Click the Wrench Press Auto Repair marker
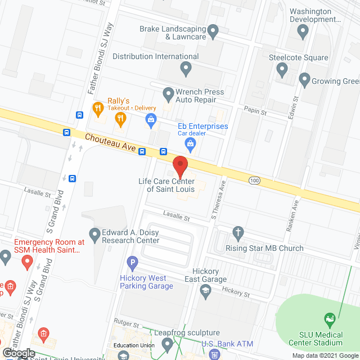click(x=168, y=93)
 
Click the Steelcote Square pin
click(x=282, y=70)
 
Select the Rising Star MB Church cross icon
click(x=238, y=232)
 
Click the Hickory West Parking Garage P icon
click(x=133, y=262)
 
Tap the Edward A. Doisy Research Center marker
click(x=94, y=232)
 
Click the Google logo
click(x=18, y=353)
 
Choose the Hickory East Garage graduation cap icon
click(x=206, y=290)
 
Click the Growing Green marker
click(x=304, y=80)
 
